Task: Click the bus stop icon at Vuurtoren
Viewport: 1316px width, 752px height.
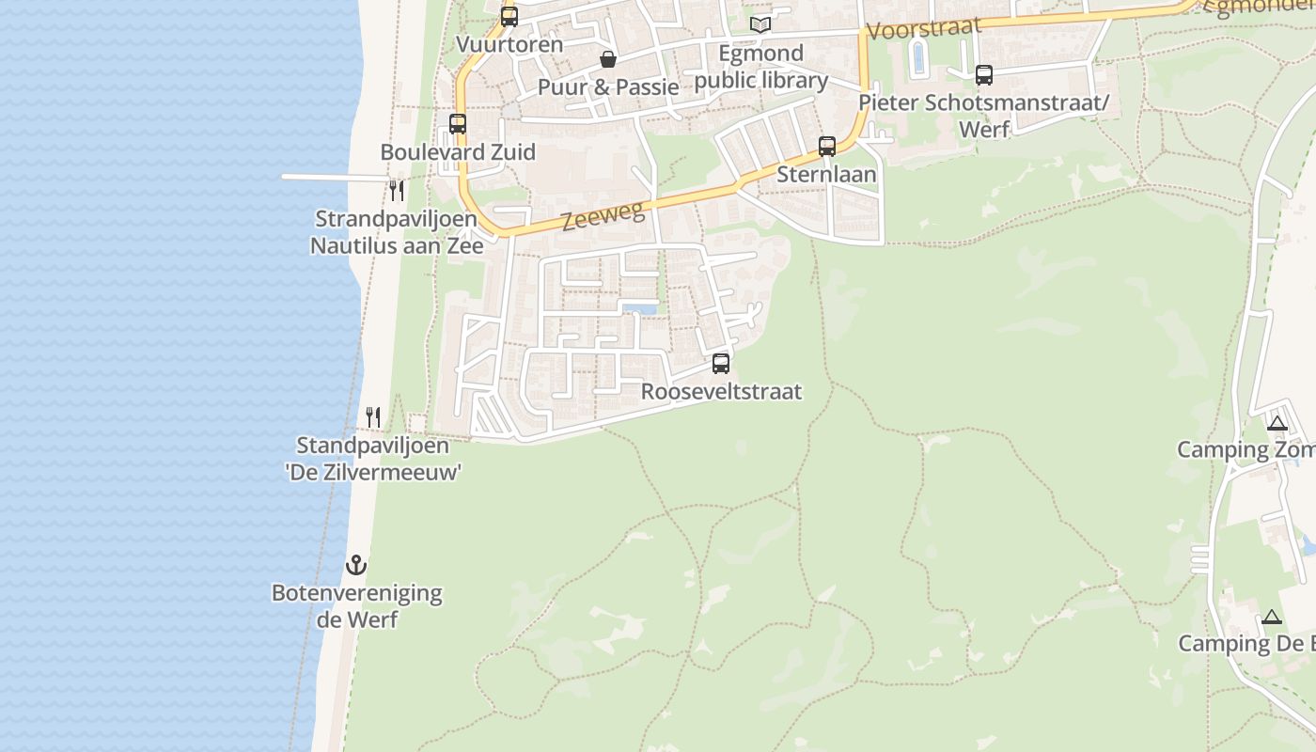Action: pyautogui.click(x=509, y=16)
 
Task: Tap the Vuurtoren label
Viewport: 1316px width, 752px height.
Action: pyautogui.click(x=509, y=44)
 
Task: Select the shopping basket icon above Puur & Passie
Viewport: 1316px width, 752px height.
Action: pyautogui.click(x=608, y=59)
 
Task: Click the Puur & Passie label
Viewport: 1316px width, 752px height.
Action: pyautogui.click(x=608, y=87)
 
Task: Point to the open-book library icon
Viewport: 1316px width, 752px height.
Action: pyautogui.click(x=760, y=24)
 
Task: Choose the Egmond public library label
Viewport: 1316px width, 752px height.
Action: pyautogui.click(x=761, y=67)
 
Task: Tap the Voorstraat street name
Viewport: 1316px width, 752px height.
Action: pyautogui.click(x=923, y=29)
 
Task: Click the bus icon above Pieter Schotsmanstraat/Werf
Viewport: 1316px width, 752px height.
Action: pyautogui.click(x=984, y=74)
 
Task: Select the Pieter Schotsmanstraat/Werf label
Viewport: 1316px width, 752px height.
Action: pyautogui.click(x=984, y=116)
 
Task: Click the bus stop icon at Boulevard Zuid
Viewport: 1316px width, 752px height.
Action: pyautogui.click(x=458, y=123)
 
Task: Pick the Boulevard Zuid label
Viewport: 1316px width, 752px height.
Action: pyautogui.click(x=458, y=152)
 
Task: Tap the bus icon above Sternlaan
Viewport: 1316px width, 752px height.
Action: pyautogui.click(x=827, y=146)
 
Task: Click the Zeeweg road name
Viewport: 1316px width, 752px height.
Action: pyautogui.click(x=603, y=218)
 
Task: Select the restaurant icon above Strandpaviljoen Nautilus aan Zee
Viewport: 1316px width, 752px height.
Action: pyautogui.click(x=397, y=191)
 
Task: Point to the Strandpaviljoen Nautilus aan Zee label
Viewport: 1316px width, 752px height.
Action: pyautogui.click(x=397, y=232)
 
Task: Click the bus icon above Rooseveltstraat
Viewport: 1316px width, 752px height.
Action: pyautogui.click(x=721, y=363)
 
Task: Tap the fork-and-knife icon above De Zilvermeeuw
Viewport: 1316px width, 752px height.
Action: pyautogui.click(x=373, y=416)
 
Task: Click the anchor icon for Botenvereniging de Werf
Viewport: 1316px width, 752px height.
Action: pyautogui.click(x=356, y=565)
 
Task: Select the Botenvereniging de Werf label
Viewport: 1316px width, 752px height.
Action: pyautogui.click(x=356, y=606)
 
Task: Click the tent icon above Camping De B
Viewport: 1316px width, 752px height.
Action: pyautogui.click(x=1272, y=617)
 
